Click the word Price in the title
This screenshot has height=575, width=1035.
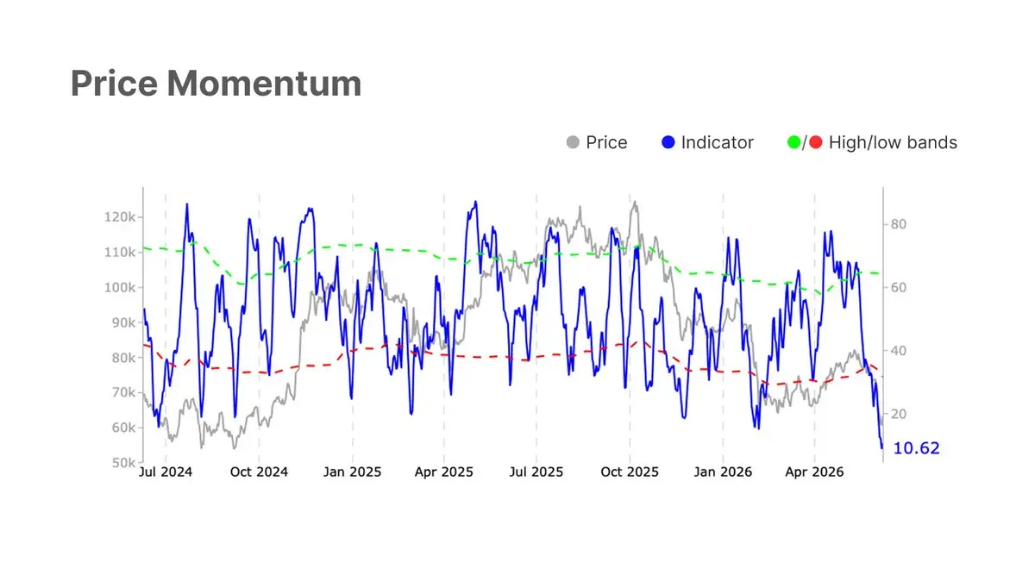pos(114,84)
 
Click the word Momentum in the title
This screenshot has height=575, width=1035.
pos(264,84)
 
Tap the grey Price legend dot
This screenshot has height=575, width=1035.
pos(573,142)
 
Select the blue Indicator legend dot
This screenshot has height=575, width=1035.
pos(668,142)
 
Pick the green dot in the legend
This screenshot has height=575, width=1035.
pos(793,142)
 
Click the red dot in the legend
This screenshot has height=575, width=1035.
pos(816,142)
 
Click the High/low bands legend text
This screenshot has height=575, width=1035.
pos(893,143)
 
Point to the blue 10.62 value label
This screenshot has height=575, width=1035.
pos(916,448)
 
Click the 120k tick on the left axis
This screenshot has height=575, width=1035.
pos(120,217)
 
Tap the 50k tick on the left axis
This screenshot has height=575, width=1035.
pos(123,463)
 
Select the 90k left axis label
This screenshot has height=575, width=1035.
pos(123,322)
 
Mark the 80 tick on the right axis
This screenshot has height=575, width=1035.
pos(898,224)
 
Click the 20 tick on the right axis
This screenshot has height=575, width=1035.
pos(898,414)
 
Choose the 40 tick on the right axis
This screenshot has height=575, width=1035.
pos(898,351)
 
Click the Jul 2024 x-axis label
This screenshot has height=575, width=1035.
pos(166,472)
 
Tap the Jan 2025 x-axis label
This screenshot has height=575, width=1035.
pos(352,472)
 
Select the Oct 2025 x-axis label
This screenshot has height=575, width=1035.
pos(630,472)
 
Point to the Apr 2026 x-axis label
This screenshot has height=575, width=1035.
pos(814,472)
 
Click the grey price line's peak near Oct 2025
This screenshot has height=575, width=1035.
pos(635,202)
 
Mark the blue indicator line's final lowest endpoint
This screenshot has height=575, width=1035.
pos(881,447)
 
